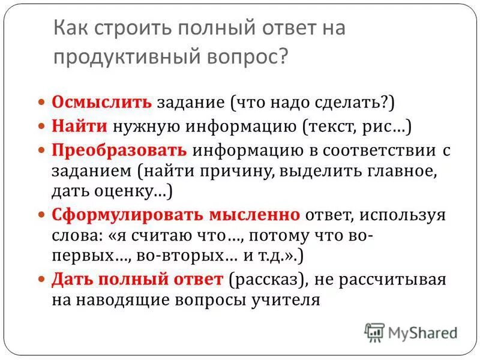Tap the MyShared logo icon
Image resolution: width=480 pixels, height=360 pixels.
[x=374, y=332]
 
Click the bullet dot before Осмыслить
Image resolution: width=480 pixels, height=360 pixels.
[x=41, y=102]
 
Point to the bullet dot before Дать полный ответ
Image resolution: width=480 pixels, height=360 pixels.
[x=41, y=280]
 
